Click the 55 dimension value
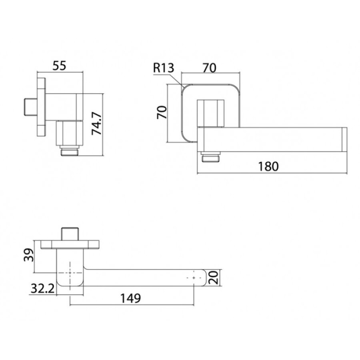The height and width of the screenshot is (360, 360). (x=59, y=66)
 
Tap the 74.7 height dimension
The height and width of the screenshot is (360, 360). (x=97, y=124)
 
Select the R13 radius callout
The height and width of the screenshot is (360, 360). (x=164, y=68)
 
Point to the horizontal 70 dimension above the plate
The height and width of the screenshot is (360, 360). (x=209, y=68)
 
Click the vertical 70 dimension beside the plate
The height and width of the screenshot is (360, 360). (x=162, y=112)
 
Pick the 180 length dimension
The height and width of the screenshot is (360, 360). (x=268, y=166)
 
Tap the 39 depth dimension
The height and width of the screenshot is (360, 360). (x=29, y=255)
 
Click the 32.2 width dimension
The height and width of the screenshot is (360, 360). (x=43, y=288)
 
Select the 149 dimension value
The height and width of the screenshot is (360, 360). (x=130, y=298)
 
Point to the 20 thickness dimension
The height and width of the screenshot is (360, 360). (x=214, y=277)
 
